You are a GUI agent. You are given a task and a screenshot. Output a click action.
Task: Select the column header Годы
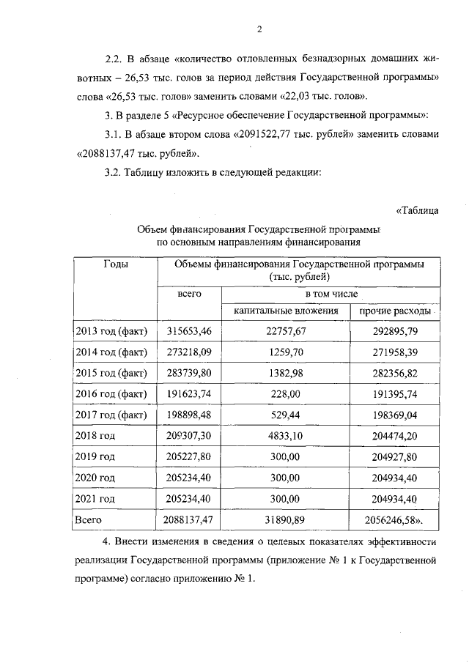(x=116, y=264)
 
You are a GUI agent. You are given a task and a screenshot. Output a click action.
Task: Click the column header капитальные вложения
(x=285, y=311)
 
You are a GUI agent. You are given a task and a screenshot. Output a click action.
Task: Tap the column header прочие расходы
(x=394, y=311)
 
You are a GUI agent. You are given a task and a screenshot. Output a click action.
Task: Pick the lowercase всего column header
(x=190, y=293)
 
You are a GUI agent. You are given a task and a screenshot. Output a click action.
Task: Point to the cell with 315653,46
(x=190, y=331)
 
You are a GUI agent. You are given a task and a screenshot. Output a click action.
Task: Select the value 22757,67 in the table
(x=285, y=331)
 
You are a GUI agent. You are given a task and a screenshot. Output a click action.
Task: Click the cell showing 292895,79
(x=394, y=331)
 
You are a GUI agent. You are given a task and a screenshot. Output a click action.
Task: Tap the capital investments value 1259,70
(x=285, y=352)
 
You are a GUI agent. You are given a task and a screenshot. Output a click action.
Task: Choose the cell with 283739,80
(x=190, y=373)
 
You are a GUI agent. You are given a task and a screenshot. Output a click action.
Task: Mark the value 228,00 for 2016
(x=285, y=394)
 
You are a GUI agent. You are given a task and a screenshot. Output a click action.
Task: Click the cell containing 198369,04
(x=394, y=415)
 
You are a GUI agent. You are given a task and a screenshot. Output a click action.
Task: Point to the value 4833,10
(x=285, y=436)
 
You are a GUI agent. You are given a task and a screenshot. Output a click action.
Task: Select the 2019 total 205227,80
(x=190, y=457)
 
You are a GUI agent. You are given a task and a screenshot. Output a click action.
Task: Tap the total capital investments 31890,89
(x=285, y=520)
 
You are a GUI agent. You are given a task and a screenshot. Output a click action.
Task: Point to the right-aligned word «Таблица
(x=417, y=212)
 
